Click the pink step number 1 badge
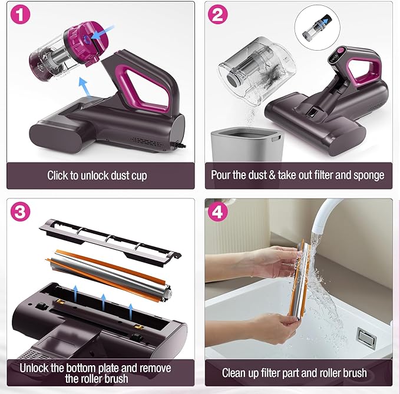point(21,14)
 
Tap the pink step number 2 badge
point(217,14)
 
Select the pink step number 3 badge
point(21,211)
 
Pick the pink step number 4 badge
point(217,211)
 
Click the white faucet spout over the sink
point(326,217)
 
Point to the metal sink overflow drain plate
point(367,337)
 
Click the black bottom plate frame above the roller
point(110,242)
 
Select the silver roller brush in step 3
point(110,276)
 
